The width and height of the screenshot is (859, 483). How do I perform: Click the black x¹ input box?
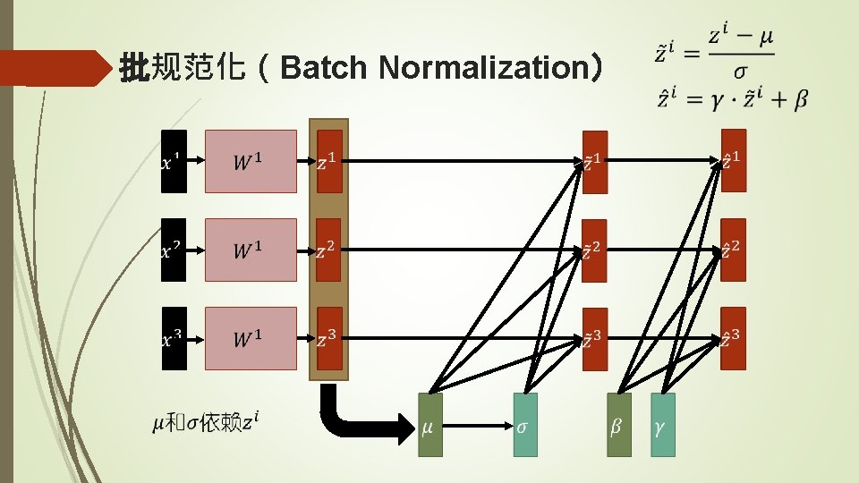(174, 161)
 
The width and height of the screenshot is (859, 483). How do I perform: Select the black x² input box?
(174, 250)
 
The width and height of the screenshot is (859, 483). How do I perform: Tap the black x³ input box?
(174, 338)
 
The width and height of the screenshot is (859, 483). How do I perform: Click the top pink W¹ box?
(251, 161)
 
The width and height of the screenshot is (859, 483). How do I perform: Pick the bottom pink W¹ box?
(251, 338)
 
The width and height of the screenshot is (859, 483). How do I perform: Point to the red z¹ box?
(329, 161)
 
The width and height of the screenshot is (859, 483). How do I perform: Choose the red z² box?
(329, 250)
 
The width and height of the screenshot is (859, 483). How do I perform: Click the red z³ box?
(329, 338)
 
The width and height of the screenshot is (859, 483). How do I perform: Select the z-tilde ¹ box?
(594, 161)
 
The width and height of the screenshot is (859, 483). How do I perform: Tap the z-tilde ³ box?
(594, 338)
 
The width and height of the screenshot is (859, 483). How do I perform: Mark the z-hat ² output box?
(734, 250)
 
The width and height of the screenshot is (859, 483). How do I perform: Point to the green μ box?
(429, 425)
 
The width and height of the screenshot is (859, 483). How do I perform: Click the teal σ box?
(525, 425)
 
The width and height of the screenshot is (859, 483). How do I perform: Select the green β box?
(618, 425)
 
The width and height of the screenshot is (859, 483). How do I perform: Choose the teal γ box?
(662, 425)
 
